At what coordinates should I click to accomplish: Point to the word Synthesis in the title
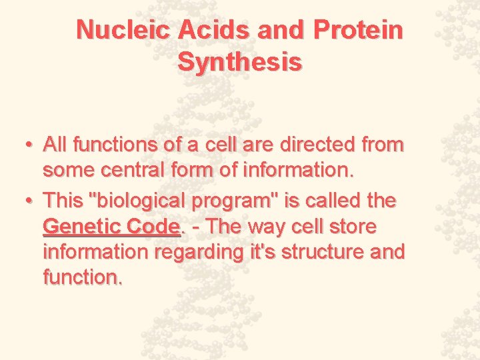pyautogui.click(x=240, y=62)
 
